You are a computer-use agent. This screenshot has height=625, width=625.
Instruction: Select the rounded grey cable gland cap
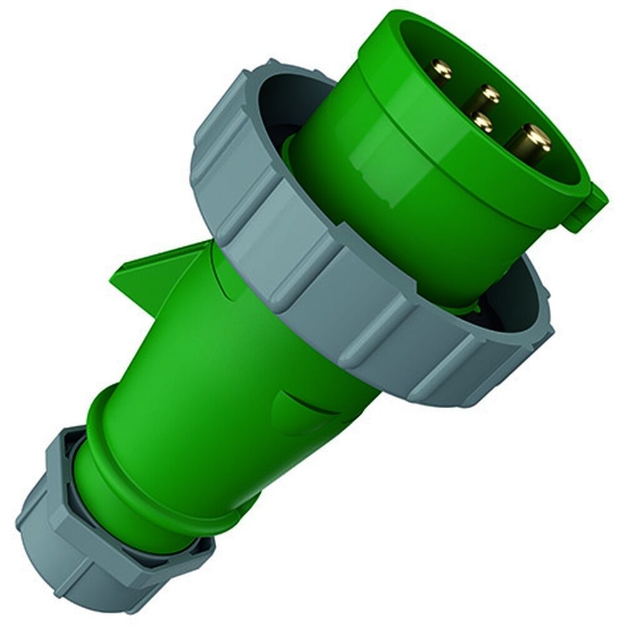coord(69,544)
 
